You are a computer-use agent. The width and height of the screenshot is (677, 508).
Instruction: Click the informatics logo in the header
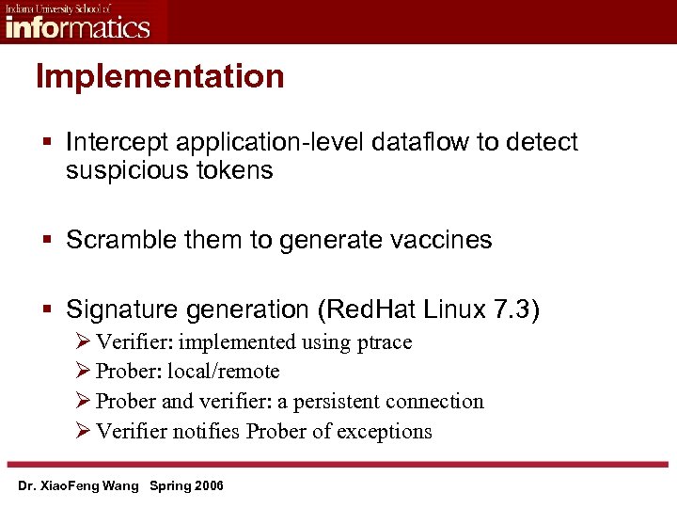[77, 22]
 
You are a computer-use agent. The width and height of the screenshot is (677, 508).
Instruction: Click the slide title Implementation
[160, 76]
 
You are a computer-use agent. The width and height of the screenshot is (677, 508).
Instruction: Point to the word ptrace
[385, 341]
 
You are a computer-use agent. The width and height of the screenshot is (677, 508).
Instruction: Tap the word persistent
[336, 401]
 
